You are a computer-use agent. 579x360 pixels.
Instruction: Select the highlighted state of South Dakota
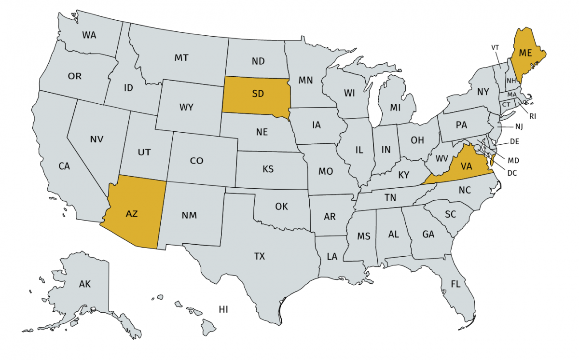coord(257,95)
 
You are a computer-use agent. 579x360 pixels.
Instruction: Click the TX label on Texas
coord(260,256)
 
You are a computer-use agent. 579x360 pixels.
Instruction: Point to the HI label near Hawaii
coord(223,309)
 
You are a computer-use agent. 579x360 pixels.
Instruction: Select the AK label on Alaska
coord(85,284)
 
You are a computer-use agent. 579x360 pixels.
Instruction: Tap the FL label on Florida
coord(455,284)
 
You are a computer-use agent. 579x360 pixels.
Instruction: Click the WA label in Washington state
coord(89,35)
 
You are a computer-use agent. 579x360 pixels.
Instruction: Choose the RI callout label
coord(533,116)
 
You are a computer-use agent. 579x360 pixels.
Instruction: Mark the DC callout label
coord(512,173)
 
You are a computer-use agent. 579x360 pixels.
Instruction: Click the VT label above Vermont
coord(495,47)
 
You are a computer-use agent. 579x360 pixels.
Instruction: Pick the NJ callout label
coord(519,127)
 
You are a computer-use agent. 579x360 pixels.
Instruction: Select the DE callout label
coord(514,142)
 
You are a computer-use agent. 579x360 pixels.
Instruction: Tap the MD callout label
coord(513,159)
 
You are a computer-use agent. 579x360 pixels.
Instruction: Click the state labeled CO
coord(196,161)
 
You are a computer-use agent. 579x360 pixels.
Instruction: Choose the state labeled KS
coord(268,169)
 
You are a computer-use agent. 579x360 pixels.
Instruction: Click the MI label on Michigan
coord(396,106)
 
